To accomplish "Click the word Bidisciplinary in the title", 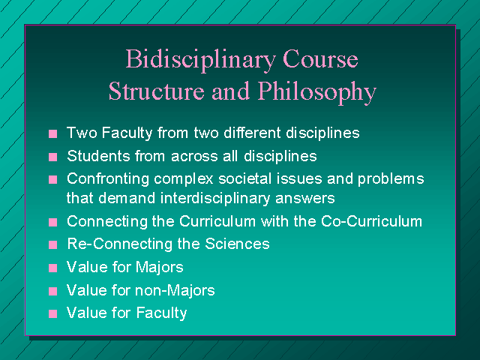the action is (x=201, y=60).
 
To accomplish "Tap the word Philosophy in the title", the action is (x=316, y=92).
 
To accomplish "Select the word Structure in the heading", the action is (x=157, y=91).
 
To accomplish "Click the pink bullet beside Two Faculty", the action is (x=53, y=133).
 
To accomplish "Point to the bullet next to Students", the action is (x=53, y=157).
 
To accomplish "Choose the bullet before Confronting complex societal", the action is (x=53, y=180).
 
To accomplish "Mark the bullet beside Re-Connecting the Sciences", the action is (x=53, y=245).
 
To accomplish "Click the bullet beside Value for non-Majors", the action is (x=53, y=291).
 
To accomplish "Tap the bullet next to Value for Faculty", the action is (x=53, y=313).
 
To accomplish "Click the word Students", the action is (x=98, y=156).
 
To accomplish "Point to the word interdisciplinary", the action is (x=215, y=199).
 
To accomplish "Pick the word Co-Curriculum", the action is (x=372, y=221).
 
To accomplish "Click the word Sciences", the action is (x=237, y=244).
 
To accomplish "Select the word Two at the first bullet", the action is (x=82, y=133).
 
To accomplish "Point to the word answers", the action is (x=305, y=199).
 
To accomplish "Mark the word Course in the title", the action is (x=320, y=59).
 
